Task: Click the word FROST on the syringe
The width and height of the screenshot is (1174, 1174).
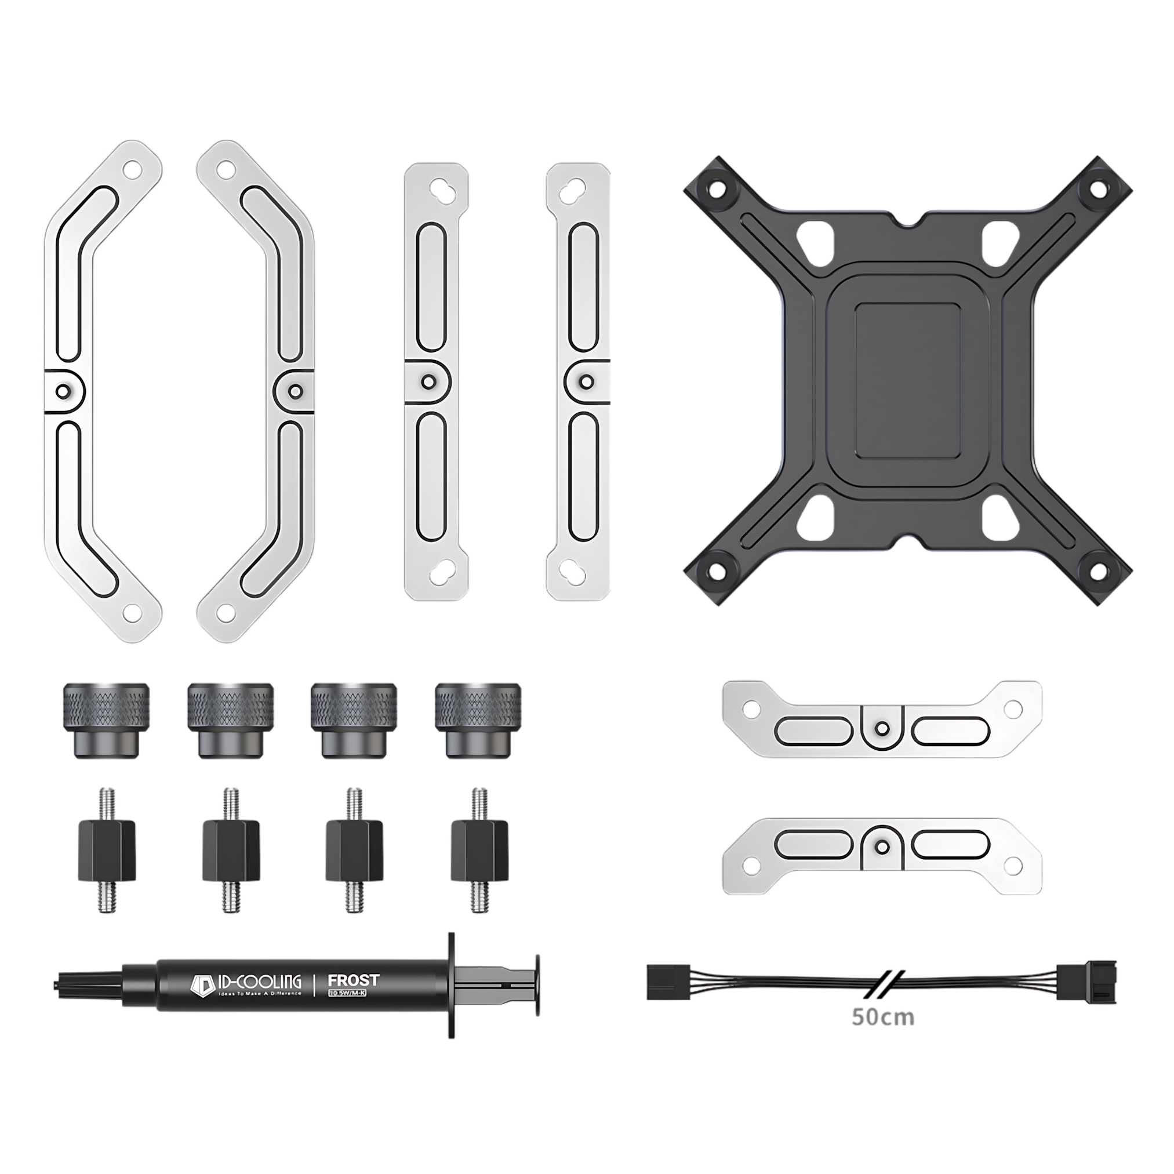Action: point(353,980)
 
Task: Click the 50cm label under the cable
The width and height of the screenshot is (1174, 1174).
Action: point(883,1016)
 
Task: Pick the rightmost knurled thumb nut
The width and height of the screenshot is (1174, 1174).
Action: point(478,719)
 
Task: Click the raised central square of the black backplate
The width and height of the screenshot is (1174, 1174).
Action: point(908,380)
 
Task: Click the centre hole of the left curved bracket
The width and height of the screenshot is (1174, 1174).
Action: point(63,390)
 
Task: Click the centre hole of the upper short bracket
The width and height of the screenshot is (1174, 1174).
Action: point(882,728)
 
